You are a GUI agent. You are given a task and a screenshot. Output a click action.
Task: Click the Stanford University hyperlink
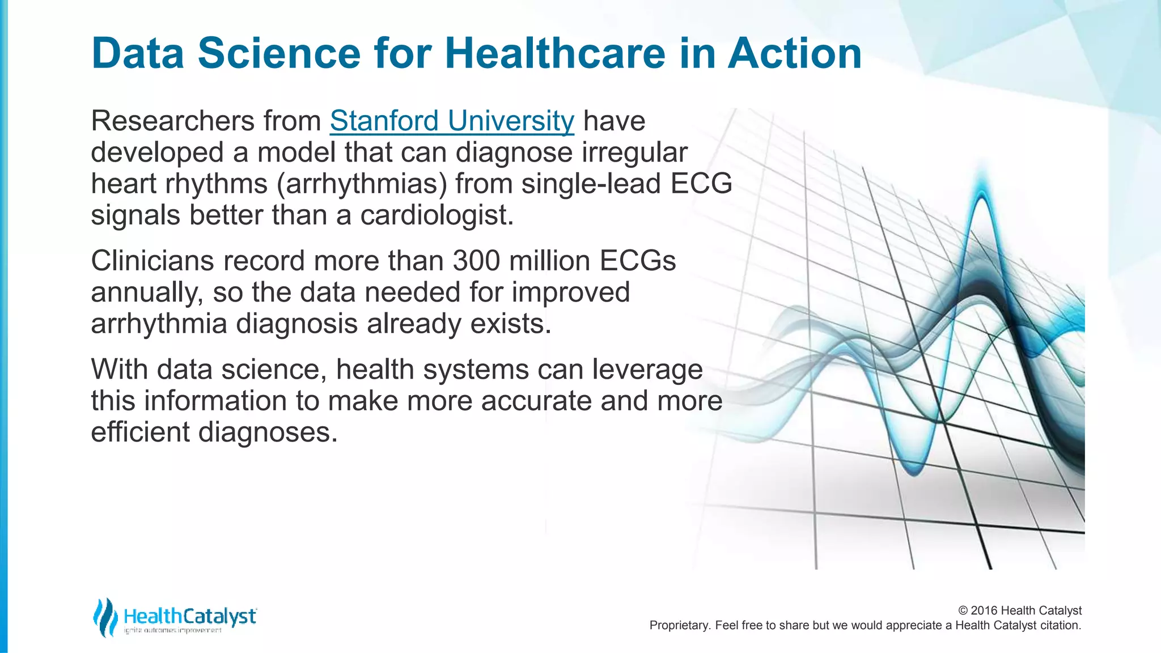(x=452, y=121)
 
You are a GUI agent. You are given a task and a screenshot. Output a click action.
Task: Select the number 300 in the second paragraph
(x=476, y=261)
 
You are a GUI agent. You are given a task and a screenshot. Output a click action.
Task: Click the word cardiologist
(x=437, y=215)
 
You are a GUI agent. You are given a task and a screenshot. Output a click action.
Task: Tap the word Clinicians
(x=152, y=261)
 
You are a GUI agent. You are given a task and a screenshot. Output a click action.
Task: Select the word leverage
(x=647, y=370)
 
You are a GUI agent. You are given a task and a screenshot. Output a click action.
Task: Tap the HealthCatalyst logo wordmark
(x=190, y=616)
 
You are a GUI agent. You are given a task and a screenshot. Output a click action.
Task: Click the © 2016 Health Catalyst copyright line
(x=1019, y=610)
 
